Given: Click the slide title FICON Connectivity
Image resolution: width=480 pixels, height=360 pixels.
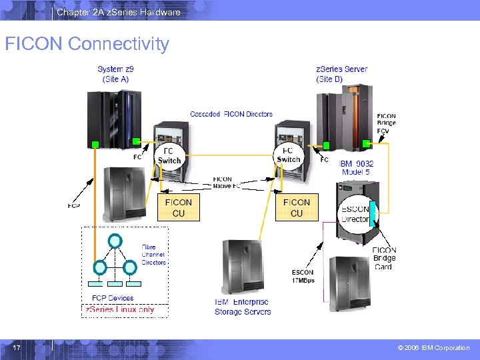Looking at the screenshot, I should click(x=87, y=44).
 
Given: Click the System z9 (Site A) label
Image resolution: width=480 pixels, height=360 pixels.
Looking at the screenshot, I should click(x=115, y=74).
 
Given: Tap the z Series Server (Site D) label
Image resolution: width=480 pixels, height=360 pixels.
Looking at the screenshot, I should click(x=341, y=74).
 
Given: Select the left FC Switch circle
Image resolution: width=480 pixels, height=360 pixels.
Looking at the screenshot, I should click(x=169, y=155).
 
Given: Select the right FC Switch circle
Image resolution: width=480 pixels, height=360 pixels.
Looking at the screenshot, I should click(x=288, y=155).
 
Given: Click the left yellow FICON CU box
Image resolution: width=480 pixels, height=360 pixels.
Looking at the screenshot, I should click(x=178, y=207).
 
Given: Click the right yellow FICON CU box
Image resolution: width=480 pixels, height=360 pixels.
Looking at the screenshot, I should click(x=296, y=207).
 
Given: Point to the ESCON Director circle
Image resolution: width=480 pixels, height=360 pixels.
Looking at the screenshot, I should click(x=355, y=213).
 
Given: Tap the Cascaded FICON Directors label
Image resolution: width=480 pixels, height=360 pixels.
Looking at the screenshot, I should click(x=231, y=114).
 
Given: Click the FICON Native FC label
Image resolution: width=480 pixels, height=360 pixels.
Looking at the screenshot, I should click(x=223, y=182).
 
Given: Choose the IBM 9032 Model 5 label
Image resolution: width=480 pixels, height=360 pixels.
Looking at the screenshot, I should click(x=356, y=168).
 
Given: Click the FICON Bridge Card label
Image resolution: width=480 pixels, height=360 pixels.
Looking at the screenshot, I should click(x=385, y=259).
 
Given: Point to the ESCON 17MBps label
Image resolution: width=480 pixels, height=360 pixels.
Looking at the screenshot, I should click(x=303, y=276).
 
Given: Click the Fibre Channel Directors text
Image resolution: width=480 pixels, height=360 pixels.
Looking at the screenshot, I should click(x=153, y=255).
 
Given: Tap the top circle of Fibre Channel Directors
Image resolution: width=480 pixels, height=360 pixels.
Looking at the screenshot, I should click(x=115, y=241).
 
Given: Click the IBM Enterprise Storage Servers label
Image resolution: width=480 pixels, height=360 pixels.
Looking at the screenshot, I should click(x=243, y=307).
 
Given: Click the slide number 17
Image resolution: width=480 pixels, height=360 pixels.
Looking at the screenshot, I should click(x=16, y=347).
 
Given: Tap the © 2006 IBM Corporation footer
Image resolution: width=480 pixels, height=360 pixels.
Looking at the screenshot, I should click(x=433, y=348).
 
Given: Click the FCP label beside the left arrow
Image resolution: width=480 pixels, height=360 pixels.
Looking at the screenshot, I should click(x=74, y=206).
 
